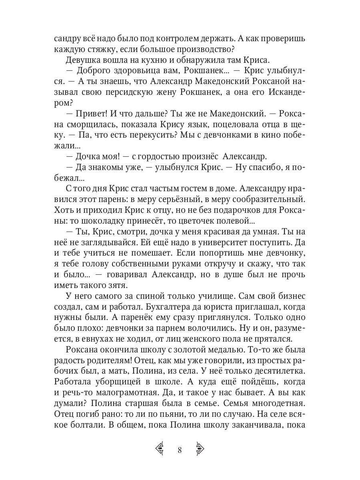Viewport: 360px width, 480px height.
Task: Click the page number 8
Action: click(x=180, y=450)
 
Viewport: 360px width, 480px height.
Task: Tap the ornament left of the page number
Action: click(x=160, y=450)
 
